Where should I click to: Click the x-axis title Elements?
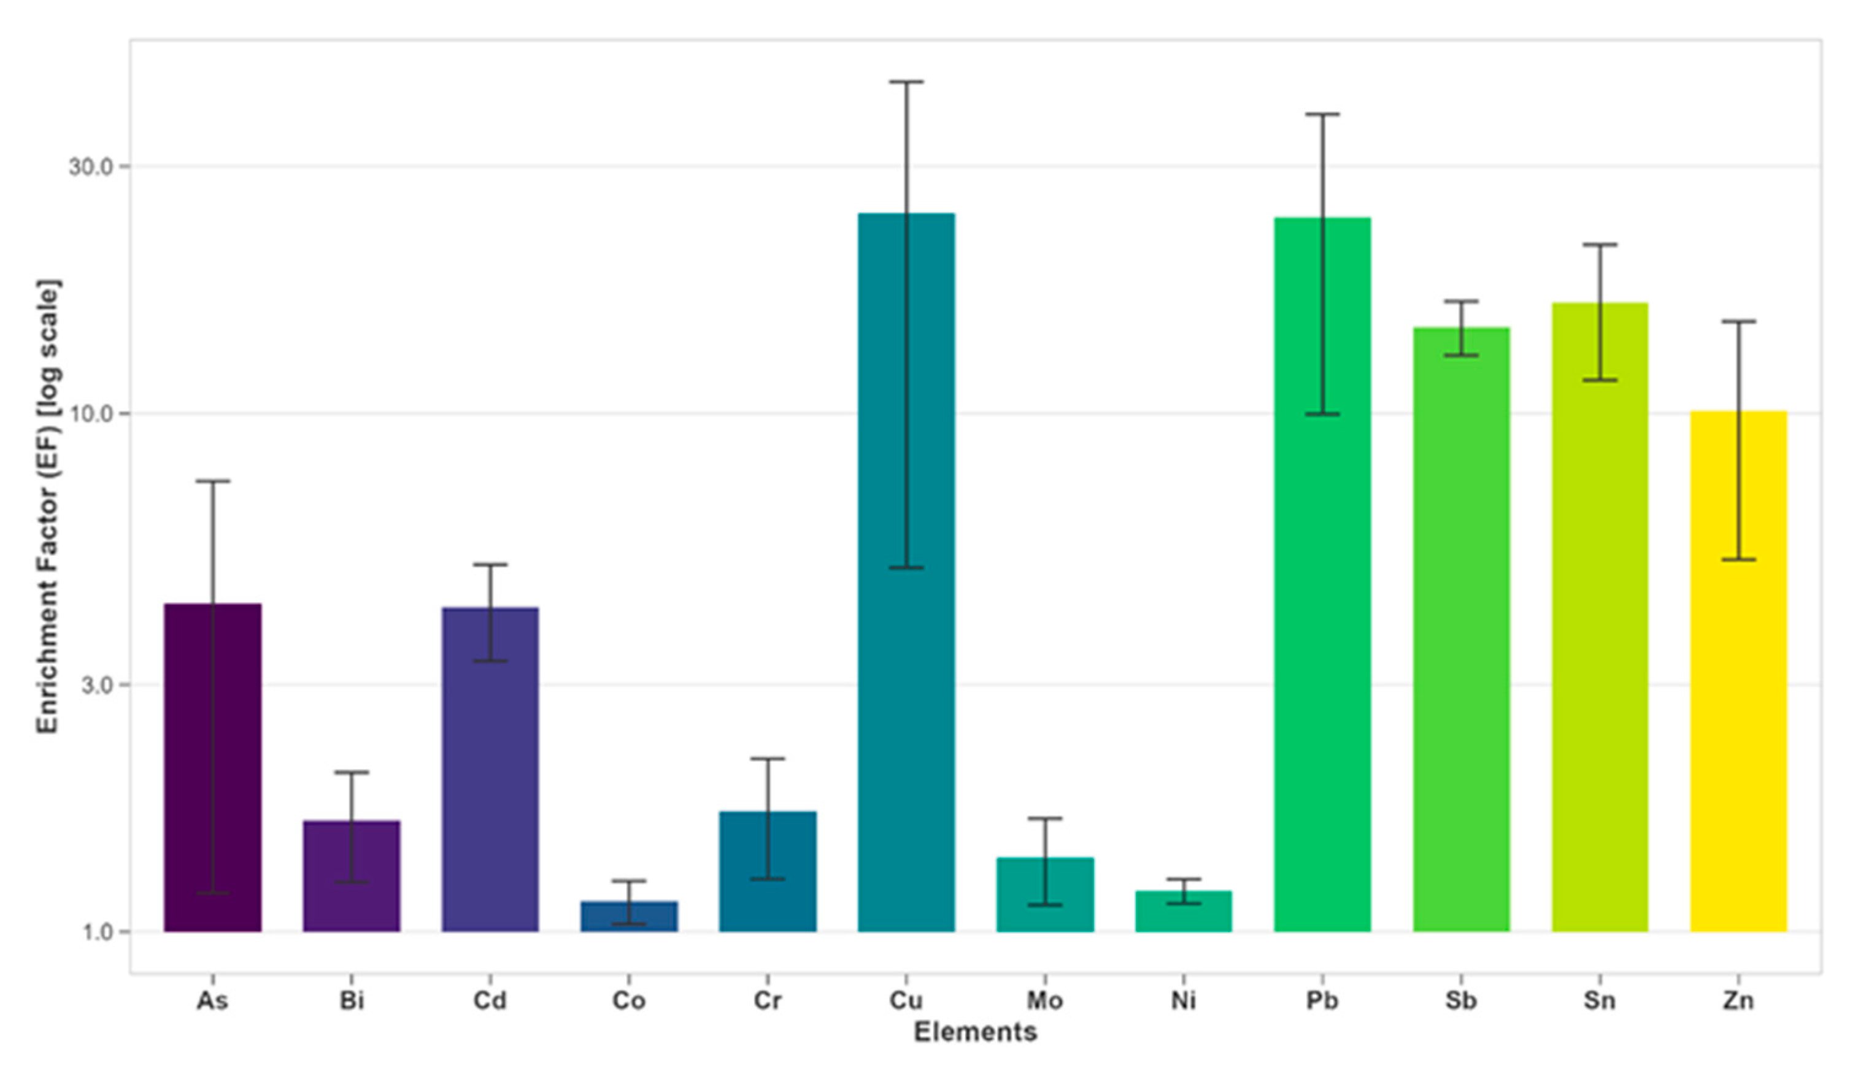click(976, 1032)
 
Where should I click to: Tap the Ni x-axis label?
click(1184, 1000)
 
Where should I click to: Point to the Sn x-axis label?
click(1600, 1000)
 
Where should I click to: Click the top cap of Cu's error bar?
click(906, 82)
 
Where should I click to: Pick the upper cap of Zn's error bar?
click(1738, 321)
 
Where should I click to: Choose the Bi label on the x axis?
click(352, 1000)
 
